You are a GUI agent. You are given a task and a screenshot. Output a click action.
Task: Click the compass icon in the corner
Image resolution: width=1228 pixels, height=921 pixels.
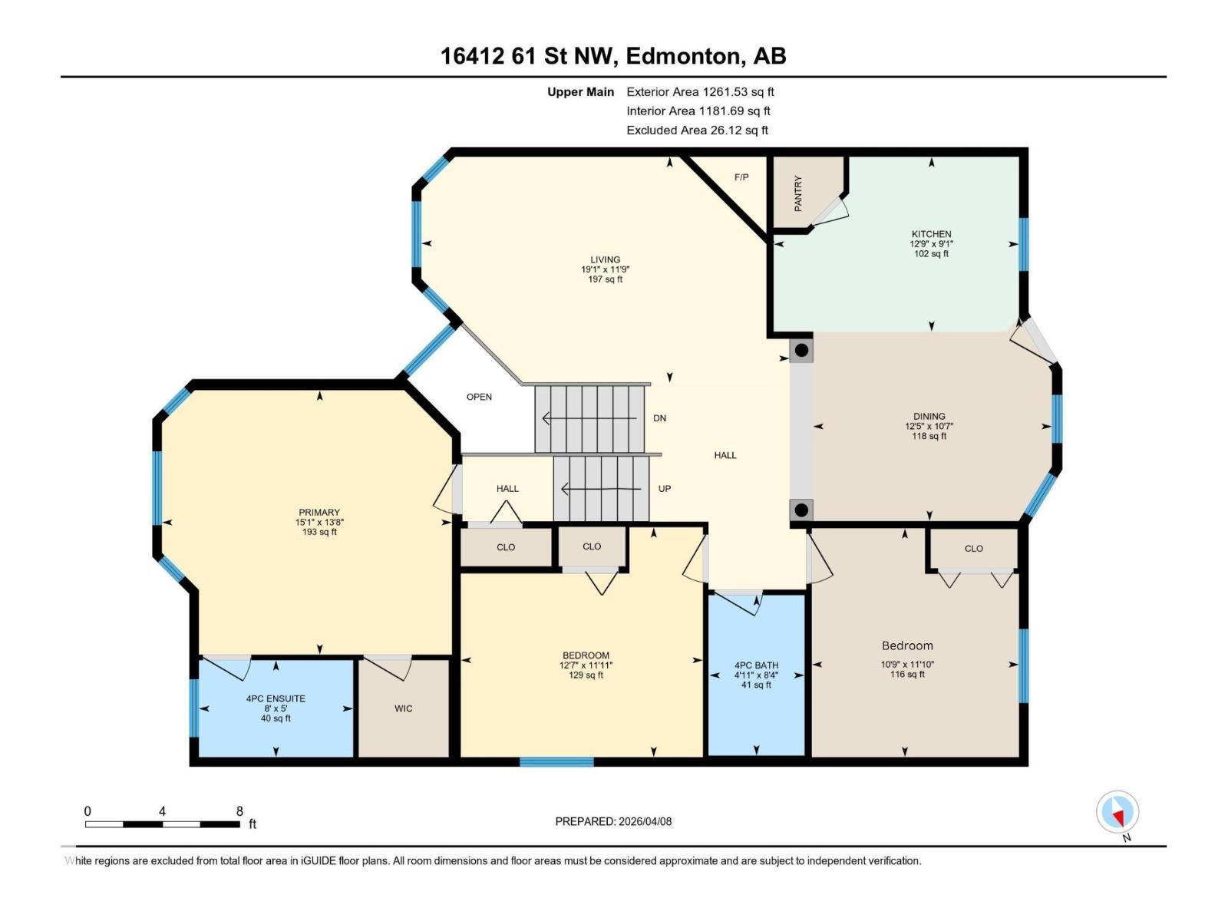[1117, 812]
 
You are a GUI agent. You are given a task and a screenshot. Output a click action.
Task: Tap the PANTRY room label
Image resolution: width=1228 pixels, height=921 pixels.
[798, 193]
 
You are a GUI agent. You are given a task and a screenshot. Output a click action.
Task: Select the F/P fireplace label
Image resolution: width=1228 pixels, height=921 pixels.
[741, 177]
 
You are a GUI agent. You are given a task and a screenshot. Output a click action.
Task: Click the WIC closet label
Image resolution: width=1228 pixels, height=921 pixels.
[404, 708]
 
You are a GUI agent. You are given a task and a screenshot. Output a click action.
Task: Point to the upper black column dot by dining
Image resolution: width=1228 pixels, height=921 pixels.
[801, 351]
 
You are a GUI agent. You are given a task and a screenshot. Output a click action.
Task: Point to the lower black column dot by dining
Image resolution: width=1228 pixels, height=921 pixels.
[801, 510]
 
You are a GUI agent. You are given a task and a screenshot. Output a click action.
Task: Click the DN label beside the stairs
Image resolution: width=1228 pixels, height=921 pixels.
[659, 418]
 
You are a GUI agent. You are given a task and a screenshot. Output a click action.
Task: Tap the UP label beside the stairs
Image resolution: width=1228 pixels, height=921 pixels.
[665, 489]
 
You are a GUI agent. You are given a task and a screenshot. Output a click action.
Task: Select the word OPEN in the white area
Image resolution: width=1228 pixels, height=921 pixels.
[479, 397]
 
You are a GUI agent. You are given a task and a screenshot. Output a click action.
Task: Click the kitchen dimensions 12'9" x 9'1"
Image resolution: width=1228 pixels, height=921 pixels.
[931, 244]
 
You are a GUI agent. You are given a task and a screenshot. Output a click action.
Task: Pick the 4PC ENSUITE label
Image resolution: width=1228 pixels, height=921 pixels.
[276, 698]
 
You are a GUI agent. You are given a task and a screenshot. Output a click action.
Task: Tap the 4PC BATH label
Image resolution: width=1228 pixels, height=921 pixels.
[756, 665]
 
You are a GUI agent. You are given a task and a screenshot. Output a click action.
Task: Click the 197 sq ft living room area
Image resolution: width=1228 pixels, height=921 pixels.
[605, 279]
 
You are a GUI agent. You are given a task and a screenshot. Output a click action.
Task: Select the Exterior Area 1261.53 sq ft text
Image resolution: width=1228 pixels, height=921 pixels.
[700, 91]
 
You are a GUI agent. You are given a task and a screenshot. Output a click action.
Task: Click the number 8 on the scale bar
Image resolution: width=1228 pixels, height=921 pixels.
[239, 811]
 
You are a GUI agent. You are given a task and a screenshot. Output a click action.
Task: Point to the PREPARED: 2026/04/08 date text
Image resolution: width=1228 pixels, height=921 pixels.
[613, 821]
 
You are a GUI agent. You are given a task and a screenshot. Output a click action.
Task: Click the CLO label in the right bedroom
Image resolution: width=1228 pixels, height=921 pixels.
[973, 549]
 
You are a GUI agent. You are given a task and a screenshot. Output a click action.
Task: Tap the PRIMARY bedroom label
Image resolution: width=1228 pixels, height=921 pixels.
[319, 513]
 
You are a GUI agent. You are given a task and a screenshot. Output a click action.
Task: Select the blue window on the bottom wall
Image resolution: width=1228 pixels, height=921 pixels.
[556, 762]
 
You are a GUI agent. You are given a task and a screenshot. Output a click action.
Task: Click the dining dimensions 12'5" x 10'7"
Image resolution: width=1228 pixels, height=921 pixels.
[929, 426]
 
